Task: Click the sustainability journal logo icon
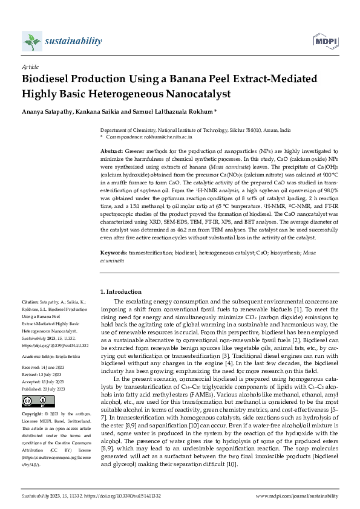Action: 30,42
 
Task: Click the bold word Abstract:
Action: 111,151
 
